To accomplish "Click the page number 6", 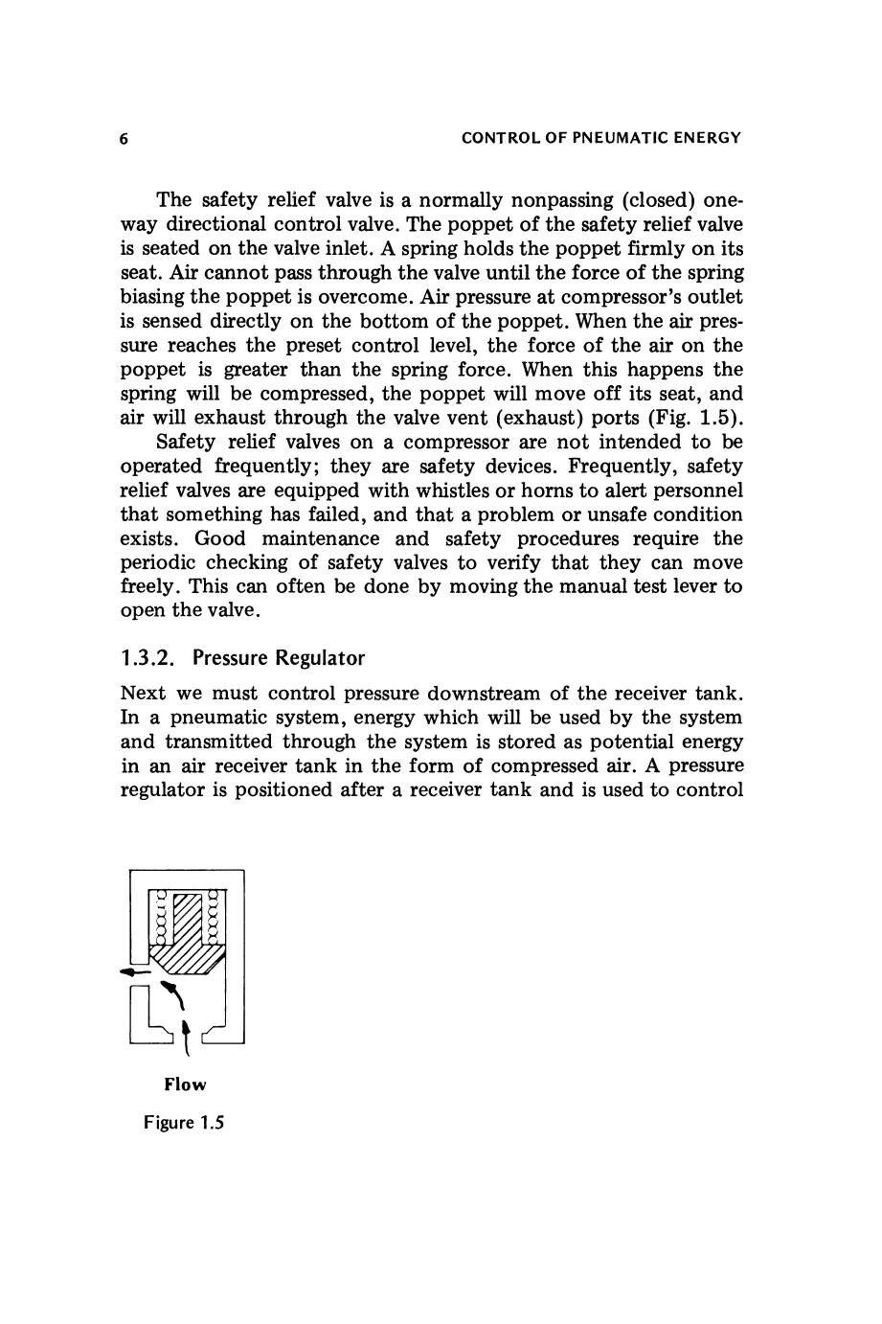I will coord(124,138).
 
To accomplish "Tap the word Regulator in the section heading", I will coord(320,658).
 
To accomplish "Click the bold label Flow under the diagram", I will coord(185,1084).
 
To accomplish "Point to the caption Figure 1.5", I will coord(184,1123).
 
